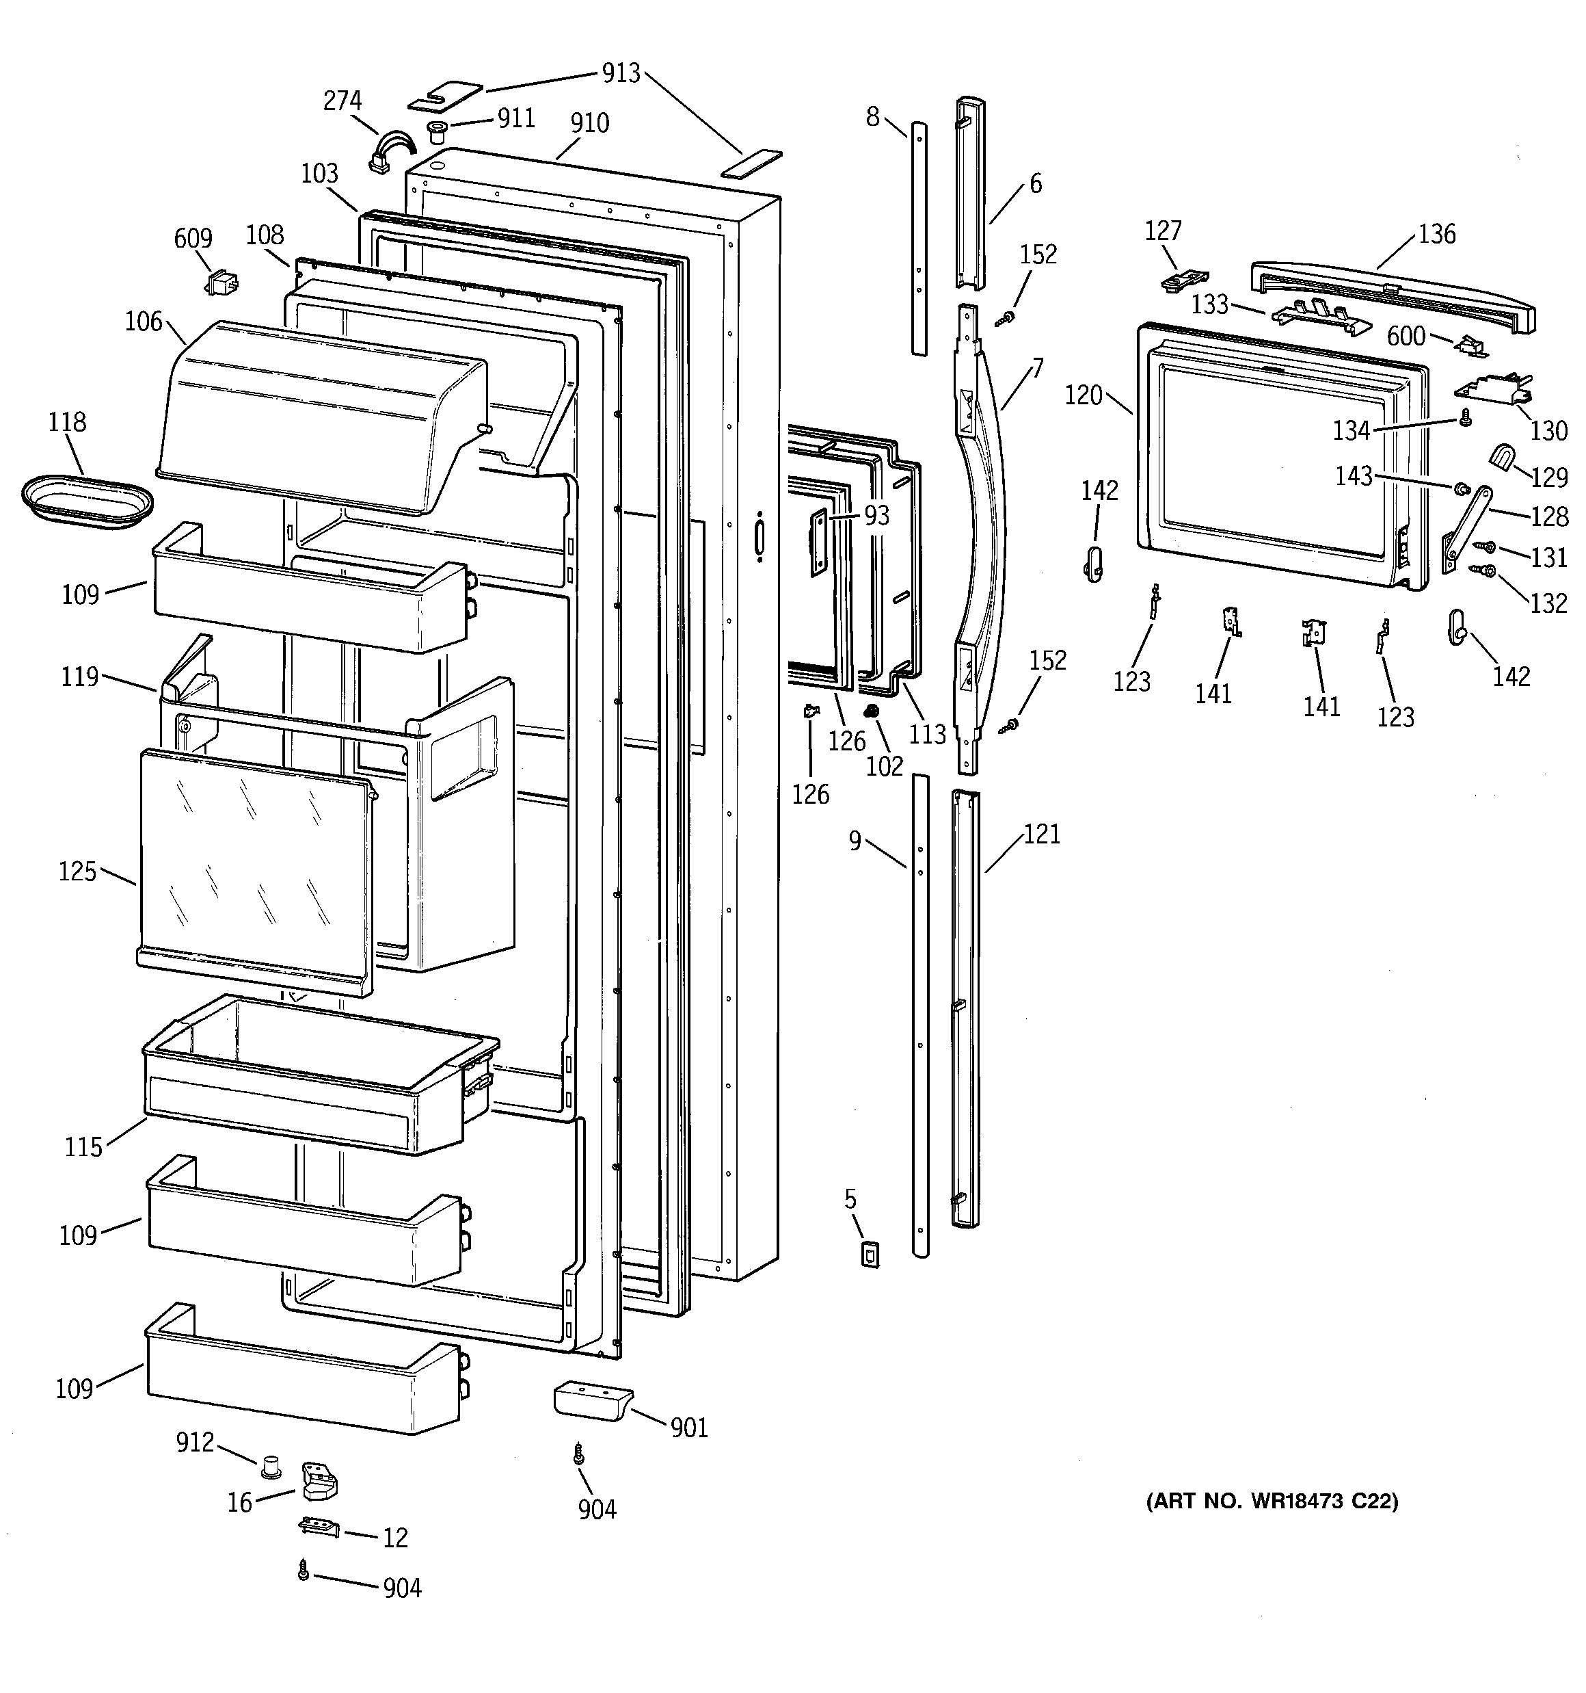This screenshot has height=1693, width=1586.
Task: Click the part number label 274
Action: pyautogui.click(x=342, y=101)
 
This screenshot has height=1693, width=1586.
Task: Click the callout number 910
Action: pyautogui.click(x=589, y=124)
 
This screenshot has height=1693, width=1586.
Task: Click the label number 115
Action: pyautogui.click(x=83, y=1147)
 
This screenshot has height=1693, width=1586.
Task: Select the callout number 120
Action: pyautogui.click(x=1083, y=396)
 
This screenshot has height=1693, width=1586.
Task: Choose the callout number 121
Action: pyautogui.click(x=1041, y=835)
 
